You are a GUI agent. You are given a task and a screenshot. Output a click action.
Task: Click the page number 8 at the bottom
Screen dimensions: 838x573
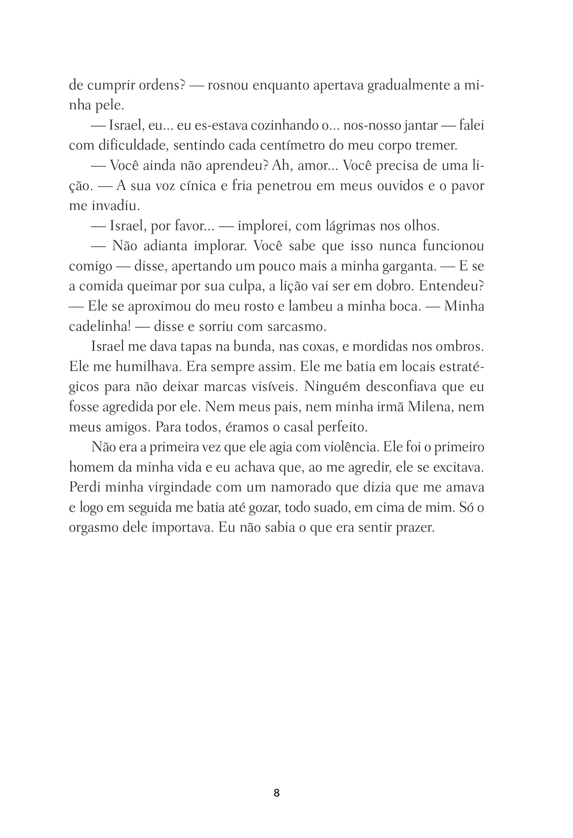[x=277, y=793]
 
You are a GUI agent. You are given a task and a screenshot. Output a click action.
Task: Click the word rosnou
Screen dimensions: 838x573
[x=229, y=86]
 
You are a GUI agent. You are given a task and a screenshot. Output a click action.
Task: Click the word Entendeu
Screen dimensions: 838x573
[x=454, y=286]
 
